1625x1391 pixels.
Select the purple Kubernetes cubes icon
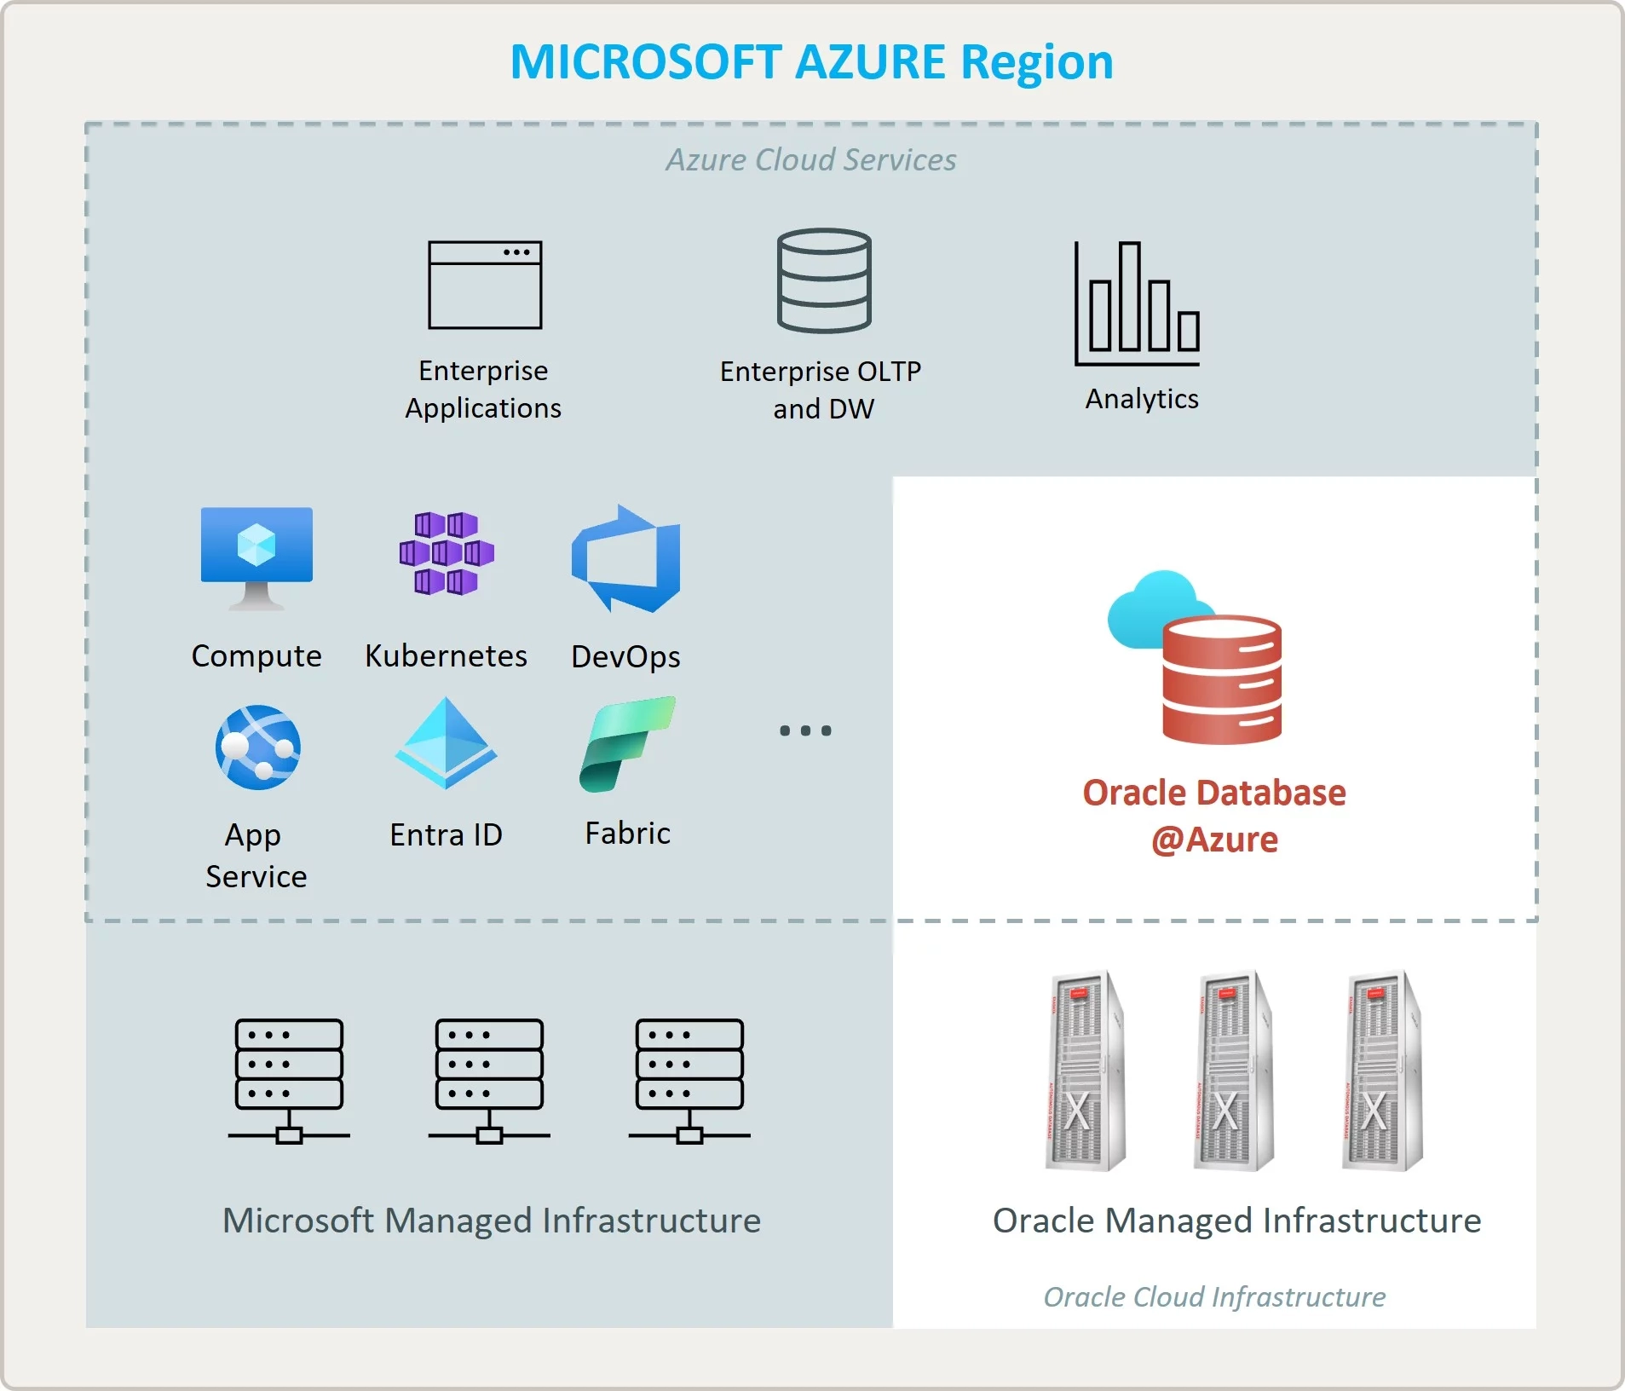click(x=447, y=553)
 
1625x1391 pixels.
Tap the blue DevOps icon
click(x=626, y=559)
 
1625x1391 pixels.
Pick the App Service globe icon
click(x=257, y=747)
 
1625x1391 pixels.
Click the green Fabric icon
click(x=627, y=744)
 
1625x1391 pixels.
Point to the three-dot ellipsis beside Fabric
click(x=805, y=730)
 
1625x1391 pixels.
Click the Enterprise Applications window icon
click(x=485, y=285)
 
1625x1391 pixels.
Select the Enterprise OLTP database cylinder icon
click(x=824, y=280)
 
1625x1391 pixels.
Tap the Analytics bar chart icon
click(x=1138, y=303)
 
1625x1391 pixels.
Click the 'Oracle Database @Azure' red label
click(x=1214, y=816)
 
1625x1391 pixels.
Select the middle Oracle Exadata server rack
click(x=1233, y=1071)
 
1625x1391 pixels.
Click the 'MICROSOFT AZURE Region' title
click(x=811, y=62)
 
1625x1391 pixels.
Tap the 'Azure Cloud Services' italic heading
click(x=811, y=160)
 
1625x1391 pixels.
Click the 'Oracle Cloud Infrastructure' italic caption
click(x=1214, y=1296)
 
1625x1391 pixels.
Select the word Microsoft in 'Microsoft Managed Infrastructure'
click(x=298, y=1221)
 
